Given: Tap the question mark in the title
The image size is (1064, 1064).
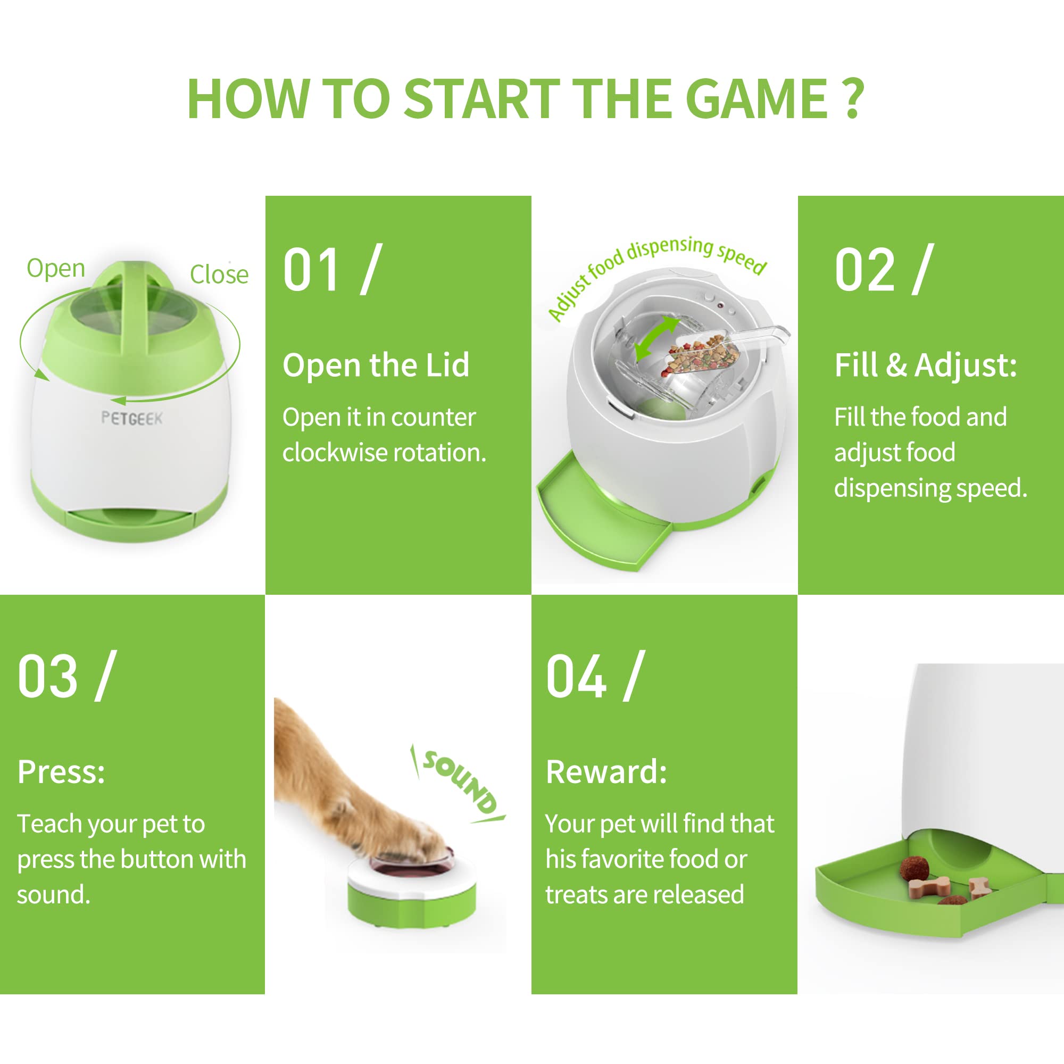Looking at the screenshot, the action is [853, 98].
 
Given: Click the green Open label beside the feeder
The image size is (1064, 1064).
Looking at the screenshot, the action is [56, 269].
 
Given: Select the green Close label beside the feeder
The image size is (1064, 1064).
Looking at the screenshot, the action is [219, 275].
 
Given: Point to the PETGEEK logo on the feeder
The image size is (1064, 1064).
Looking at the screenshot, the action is [132, 419].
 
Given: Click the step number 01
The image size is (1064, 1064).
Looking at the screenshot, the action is [311, 270].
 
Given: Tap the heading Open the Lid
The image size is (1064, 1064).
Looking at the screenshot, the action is [376, 364].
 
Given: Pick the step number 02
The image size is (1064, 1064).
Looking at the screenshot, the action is [864, 270].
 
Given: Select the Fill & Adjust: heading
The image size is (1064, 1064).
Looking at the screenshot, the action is [926, 364].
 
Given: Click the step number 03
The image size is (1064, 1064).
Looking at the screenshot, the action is [47, 676].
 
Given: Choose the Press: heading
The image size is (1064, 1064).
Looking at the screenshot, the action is [61, 771].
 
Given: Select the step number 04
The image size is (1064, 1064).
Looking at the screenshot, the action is [576, 676].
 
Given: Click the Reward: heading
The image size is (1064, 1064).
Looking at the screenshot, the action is [606, 771].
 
